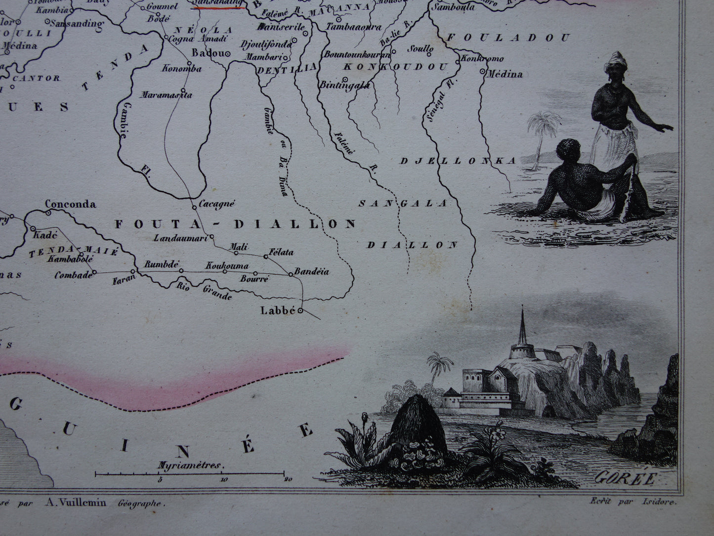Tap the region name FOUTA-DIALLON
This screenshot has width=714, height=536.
point(235,224)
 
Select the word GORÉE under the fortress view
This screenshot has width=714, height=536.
point(625,478)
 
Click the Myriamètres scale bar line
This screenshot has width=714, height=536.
point(191,474)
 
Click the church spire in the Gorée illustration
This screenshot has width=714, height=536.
point(522,329)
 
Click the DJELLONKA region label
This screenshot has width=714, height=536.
point(458,161)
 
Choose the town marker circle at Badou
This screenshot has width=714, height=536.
point(228,54)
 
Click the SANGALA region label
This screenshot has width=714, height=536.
point(403,203)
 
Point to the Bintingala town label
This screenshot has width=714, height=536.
point(345,85)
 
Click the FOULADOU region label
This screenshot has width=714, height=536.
point(508,38)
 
